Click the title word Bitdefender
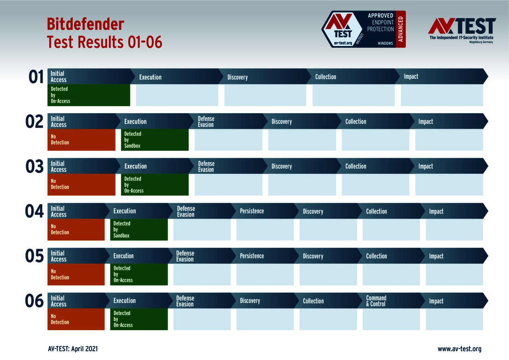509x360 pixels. (x=85, y=24)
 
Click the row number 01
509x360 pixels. (x=36, y=77)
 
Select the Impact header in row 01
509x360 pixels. (x=411, y=77)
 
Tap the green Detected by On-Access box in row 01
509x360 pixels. (x=89, y=95)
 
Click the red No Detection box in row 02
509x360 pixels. (x=81, y=140)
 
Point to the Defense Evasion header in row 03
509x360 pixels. (x=206, y=166)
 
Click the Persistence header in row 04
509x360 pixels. (x=252, y=211)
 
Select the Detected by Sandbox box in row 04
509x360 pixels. (x=139, y=229)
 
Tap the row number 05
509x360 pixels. (x=35, y=256)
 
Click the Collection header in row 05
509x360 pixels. (x=376, y=256)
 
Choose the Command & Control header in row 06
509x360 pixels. (x=376, y=301)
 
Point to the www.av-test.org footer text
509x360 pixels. (x=459, y=349)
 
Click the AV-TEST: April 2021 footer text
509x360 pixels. (x=73, y=349)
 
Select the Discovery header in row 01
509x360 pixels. (x=237, y=77)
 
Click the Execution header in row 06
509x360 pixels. (x=125, y=301)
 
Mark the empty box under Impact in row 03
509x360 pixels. (x=449, y=185)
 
